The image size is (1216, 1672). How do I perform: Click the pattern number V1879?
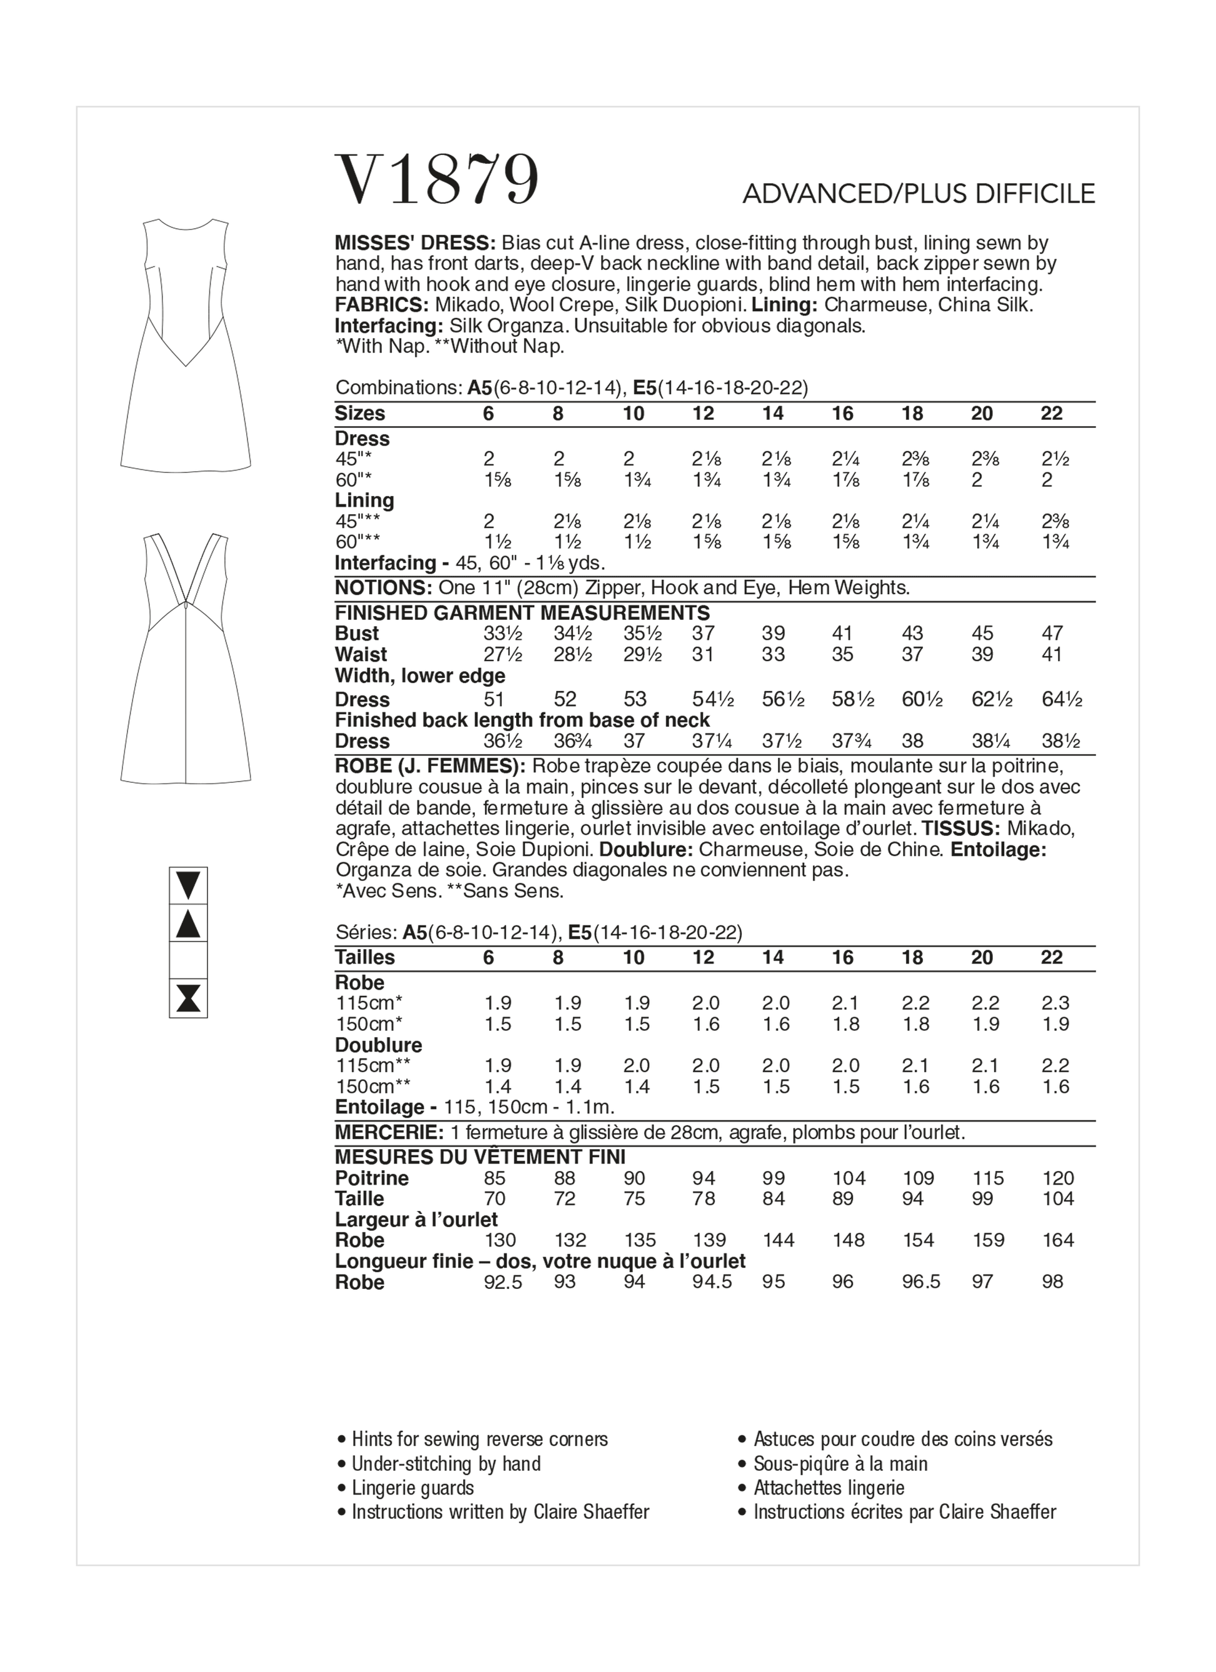pyautogui.click(x=437, y=180)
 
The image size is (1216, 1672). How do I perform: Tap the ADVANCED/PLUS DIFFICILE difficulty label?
pyautogui.click(x=918, y=194)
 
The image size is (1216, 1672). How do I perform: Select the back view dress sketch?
pyautogui.click(x=186, y=657)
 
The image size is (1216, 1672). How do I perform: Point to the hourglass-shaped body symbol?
pyautogui.click(x=188, y=999)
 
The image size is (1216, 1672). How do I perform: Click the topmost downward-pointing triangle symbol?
pyautogui.click(x=188, y=885)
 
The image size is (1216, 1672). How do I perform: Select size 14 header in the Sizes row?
pyautogui.click(x=772, y=414)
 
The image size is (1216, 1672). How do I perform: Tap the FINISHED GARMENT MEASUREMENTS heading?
pyautogui.click(x=522, y=612)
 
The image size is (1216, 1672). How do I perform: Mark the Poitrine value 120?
pyautogui.click(x=1057, y=1178)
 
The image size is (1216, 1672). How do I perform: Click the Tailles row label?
pyautogui.click(x=364, y=958)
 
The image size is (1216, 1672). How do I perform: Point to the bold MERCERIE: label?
pyautogui.click(x=389, y=1132)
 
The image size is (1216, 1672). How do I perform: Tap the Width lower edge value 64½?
pyautogui.click(x=1061, y=699)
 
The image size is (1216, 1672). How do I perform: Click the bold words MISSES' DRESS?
pyautogui.click(x=414, y=242)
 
